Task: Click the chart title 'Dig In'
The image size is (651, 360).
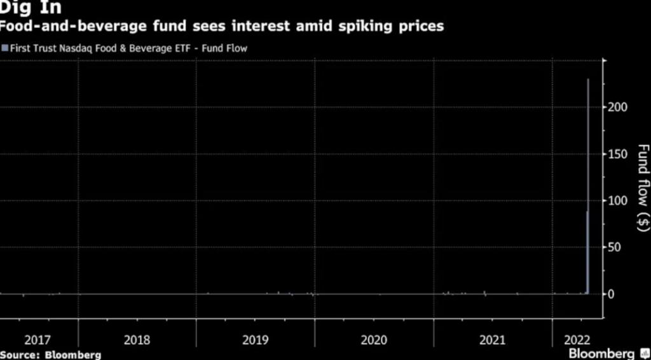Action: click(31, 8)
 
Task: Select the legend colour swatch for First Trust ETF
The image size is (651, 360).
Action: click(5, 48)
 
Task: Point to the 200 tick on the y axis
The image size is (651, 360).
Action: click(619, 107)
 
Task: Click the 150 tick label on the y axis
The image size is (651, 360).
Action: click(619, 154)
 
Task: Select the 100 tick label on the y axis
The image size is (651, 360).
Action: click(619, 200)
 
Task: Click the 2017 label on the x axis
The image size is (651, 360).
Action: click(37, 340)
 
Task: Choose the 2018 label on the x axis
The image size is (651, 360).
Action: click(137, 340)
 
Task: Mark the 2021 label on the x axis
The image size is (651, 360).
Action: click(492, 340)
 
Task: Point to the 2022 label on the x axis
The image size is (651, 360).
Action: click(577, 340)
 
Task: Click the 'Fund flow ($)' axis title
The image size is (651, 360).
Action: click(643, 188)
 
